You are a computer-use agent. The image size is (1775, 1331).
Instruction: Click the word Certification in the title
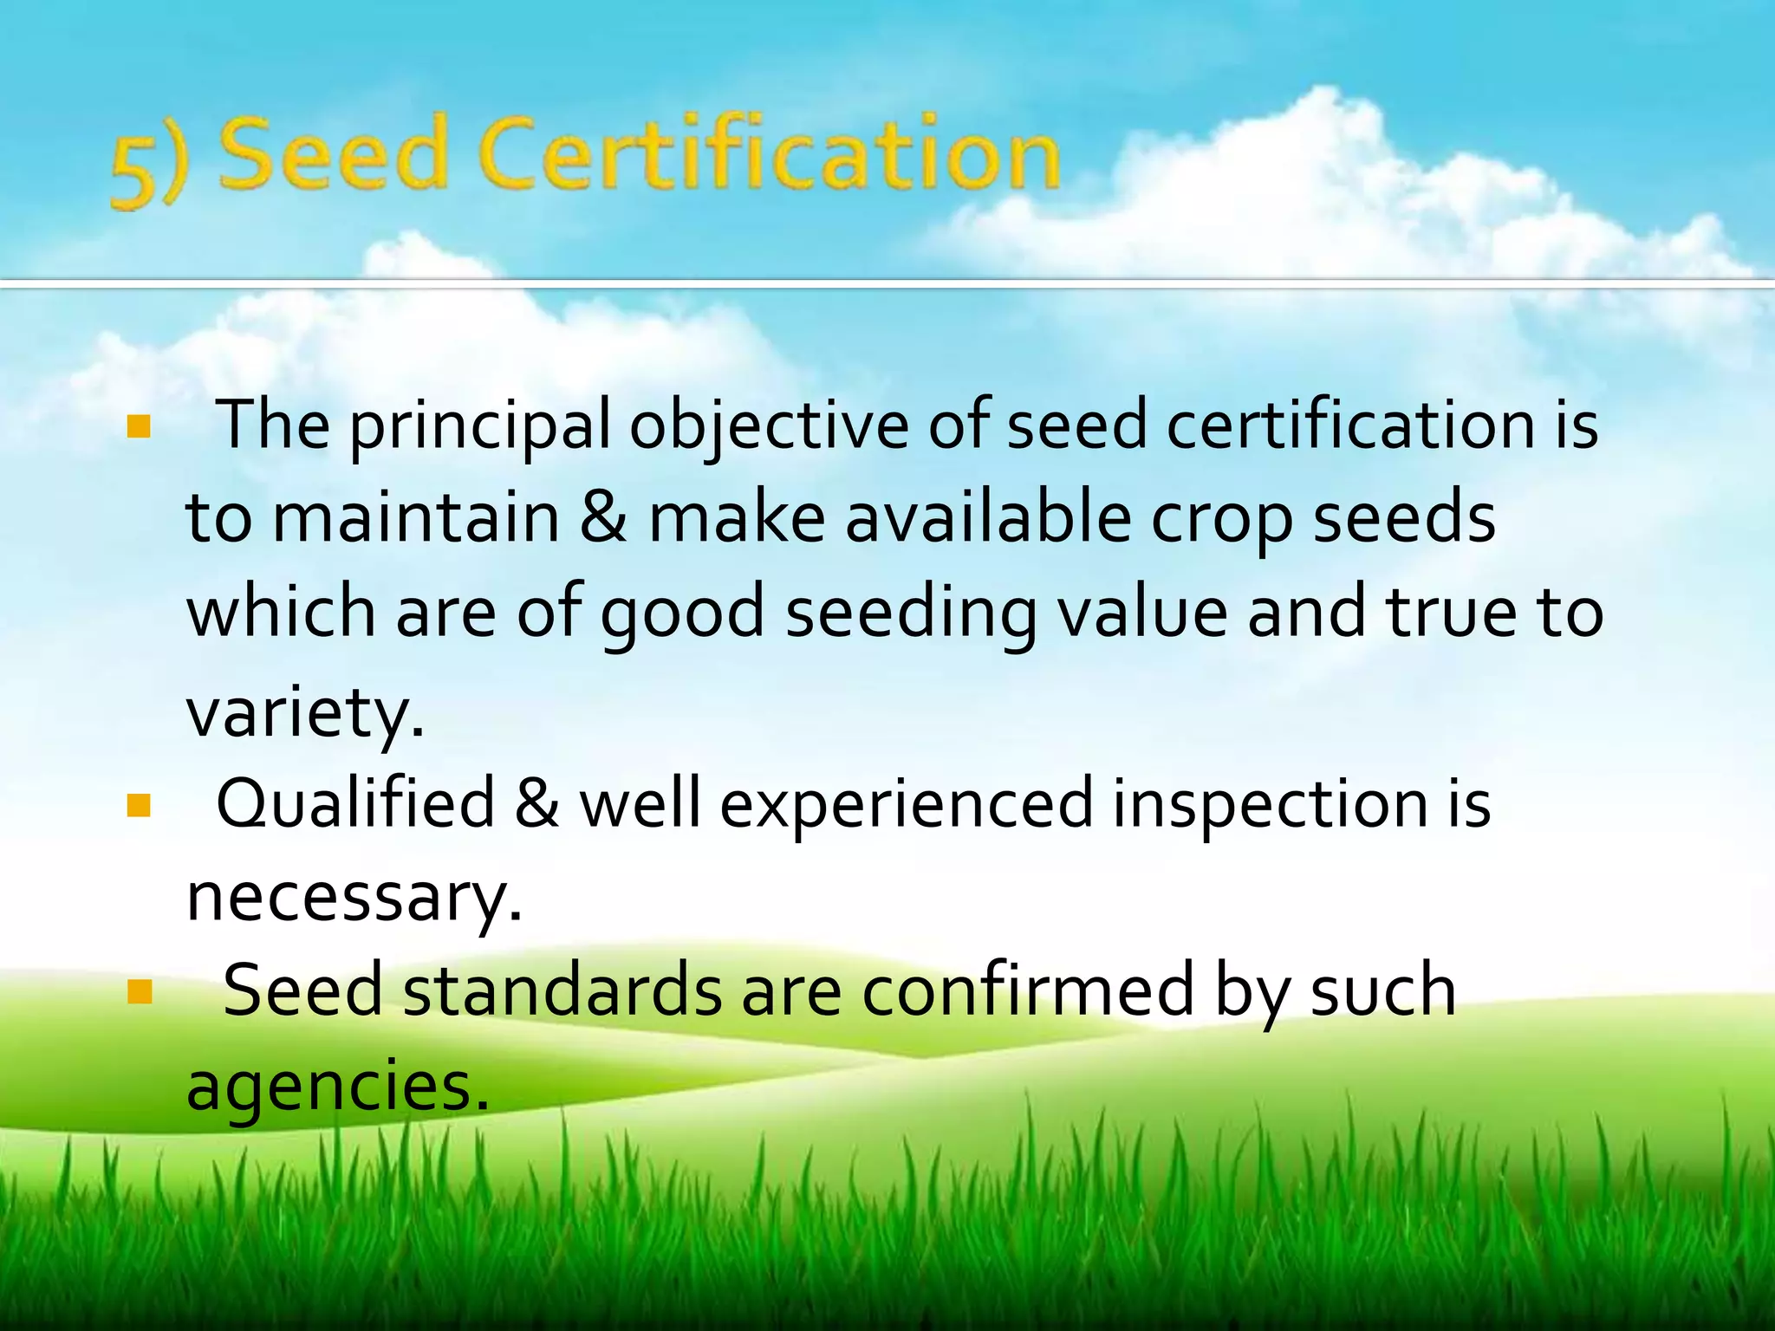click(768, 156)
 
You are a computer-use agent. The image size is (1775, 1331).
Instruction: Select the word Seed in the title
click(332, 156)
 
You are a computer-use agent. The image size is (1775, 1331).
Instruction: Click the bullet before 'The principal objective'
click(139, 426)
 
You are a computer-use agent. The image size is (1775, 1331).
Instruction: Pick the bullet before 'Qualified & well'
click(139, 806)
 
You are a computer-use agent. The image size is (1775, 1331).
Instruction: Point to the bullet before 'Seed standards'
click(139, 991)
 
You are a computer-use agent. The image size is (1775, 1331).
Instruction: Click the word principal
click(479, 426)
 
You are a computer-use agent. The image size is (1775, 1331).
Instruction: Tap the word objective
click(768, 426)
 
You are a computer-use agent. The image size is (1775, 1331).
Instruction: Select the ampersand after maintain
click(603, 518)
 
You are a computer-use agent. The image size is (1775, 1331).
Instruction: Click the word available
click(988, 518)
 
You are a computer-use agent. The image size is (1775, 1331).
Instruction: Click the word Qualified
click(355, 804)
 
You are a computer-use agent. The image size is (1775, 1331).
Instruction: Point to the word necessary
click(354, 899)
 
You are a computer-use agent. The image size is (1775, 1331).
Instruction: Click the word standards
click(562, 991)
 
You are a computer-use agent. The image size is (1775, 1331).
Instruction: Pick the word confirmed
click(1028, 991)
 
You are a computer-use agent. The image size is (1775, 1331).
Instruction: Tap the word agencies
click(337, 1087)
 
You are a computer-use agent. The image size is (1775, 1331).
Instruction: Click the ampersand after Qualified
click(536, 804)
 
